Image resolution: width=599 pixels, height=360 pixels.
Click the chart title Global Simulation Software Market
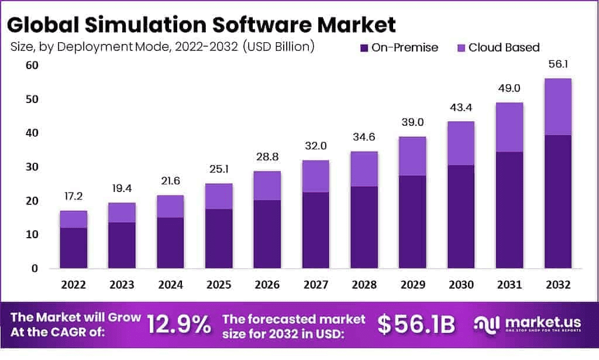click(x=202, y=24)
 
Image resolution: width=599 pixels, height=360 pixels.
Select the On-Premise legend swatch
click(x=364, y=47)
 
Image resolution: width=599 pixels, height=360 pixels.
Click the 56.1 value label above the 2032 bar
click(x=557, y=65)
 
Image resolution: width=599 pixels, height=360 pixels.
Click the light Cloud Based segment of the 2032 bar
click(x=557, y=107)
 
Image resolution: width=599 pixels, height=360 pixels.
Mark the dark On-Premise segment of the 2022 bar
click(x=73, y=248)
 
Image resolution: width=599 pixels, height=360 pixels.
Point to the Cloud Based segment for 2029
click(x=412, y=156)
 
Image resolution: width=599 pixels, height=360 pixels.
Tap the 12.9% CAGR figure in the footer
click(x=179, y=324)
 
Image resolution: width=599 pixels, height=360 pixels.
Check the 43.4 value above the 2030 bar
click(x=461, y=108)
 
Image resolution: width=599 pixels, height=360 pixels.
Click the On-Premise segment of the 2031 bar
click(x=509, y=210)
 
